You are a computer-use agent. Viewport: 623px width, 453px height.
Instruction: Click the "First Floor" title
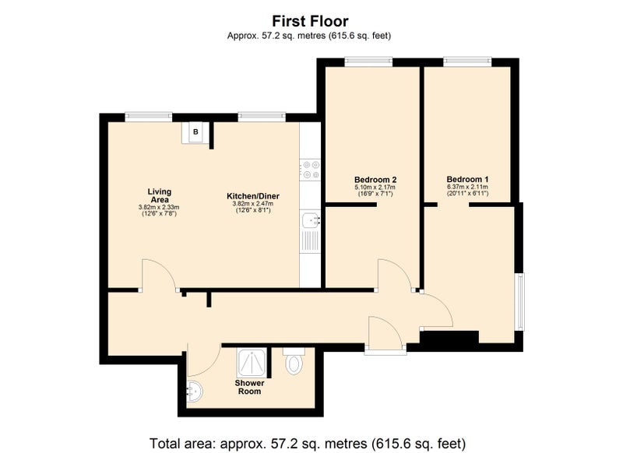click(310, 21)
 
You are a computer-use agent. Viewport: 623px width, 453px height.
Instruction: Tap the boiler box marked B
click(195, 132)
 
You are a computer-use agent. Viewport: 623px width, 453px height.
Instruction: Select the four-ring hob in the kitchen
click(310, 170)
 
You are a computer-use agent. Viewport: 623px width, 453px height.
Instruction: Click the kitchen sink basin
click(309, 220)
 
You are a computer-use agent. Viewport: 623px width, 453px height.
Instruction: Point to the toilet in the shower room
click(294, 360)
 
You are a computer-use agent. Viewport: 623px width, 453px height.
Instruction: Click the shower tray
click(252, 363)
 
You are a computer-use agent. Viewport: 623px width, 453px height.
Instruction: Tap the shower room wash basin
click(195, 392)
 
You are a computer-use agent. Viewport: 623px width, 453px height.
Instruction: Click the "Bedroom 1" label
click(467, 179)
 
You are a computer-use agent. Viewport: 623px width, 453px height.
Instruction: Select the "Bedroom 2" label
click(375, 180)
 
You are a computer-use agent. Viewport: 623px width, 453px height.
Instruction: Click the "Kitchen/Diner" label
click(252, 196)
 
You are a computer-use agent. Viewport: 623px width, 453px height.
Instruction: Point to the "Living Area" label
click(159, 195)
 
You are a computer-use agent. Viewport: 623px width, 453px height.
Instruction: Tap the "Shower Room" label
click(249, 387)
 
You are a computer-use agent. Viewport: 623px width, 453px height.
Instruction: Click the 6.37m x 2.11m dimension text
click(467, 187)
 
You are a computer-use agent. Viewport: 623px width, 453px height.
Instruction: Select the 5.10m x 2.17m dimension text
click(375, 187)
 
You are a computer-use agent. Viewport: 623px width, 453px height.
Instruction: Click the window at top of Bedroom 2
click(368, 61)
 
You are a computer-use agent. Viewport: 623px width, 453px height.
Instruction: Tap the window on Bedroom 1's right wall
click(520, 301)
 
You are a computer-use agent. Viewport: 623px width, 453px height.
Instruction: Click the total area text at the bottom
click(307, 443)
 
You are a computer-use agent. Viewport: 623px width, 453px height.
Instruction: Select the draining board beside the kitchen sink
click(309, 241)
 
